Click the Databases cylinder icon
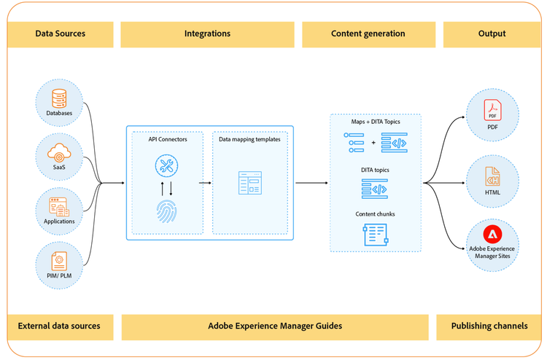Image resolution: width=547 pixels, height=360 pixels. point(59,98)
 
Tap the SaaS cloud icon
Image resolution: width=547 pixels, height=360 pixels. point(59,152)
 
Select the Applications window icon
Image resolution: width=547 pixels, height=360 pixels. point(59,207)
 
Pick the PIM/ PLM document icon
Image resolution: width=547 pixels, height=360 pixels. point(59,261)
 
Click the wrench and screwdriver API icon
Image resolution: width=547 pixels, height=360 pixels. point(166,165)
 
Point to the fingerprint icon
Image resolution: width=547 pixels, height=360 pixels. point(166,211)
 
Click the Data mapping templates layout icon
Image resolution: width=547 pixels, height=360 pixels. point(249,183)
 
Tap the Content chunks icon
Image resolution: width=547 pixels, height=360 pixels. point(376,235)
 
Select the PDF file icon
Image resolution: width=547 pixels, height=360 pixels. point(492,110)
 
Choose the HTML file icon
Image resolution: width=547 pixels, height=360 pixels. point(492,176)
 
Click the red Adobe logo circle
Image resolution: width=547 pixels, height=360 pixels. point(492,234)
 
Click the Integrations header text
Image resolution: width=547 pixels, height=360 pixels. point(207,34)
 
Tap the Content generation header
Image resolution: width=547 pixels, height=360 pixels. point(368,34)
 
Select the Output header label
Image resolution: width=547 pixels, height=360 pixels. point(492,34)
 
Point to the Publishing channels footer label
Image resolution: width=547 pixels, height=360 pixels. point(489,326)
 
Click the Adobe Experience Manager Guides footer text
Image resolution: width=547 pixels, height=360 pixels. point(275,326)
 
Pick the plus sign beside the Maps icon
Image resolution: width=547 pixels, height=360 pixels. point(373,143)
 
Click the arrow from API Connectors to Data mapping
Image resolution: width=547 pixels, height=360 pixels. point(205,183)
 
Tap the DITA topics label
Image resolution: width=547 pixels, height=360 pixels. point(375,170)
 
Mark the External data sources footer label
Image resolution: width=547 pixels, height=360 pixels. point(59,326)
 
